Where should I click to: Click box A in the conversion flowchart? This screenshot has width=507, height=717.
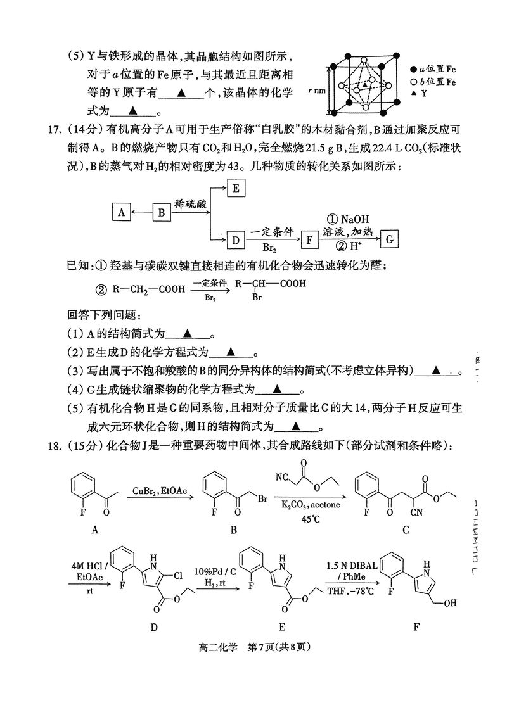pyautogui.click(x=120, y=212)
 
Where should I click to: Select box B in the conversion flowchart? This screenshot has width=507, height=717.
pyautogui.click(x=162, y=212)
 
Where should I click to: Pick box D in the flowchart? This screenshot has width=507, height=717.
pyautogui.click(x=236, y=240)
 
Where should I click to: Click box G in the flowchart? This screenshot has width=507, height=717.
pyautogui.click(x=390, y=239)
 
